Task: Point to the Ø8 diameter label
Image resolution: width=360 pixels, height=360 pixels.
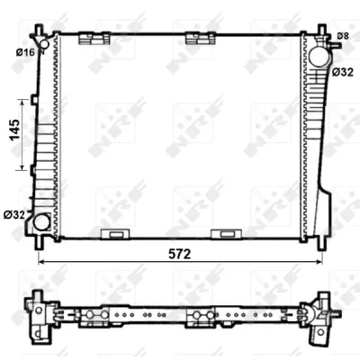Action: pos(342,35)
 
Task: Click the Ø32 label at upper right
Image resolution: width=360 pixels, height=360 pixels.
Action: pos(342,71)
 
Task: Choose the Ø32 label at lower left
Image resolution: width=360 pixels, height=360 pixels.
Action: pos(13,214)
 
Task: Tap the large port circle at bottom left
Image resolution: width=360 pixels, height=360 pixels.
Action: pos(40,221)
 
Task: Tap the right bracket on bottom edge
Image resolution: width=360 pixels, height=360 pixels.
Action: pos(222,235)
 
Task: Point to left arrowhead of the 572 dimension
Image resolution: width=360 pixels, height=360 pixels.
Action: pos(41,261)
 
